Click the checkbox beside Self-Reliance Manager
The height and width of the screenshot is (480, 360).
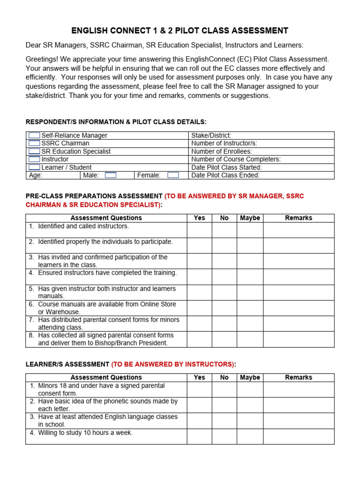click(34, 135)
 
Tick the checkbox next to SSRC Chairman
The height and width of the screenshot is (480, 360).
click(34, 143)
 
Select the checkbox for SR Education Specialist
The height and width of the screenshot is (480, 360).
click(34, 151)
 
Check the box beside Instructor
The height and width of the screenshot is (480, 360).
click(34, 159)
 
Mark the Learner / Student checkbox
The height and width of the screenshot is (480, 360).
click(34, 167)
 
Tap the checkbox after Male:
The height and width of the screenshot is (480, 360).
click(111, 175)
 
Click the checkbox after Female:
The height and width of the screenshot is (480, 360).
click(173, 175)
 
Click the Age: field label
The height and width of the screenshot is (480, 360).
click(36, 175)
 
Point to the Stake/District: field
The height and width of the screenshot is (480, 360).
click(261, 135)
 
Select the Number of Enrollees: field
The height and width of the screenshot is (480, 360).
click(261, 151)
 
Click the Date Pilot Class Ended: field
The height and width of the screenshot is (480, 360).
click(261, 175)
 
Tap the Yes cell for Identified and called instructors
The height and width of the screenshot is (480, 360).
click(199, 230)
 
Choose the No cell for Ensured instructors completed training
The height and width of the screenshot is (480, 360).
click(224, 277)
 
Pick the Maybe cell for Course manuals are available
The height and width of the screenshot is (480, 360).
click(249, 308)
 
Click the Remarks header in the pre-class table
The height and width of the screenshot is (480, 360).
click(299, 218)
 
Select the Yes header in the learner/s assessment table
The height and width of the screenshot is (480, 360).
click(199, 377)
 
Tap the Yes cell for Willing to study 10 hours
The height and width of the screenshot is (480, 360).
click(199, 436)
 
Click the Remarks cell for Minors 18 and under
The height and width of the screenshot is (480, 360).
click(299, 389)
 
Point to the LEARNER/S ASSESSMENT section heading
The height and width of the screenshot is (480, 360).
click(67, 364)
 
